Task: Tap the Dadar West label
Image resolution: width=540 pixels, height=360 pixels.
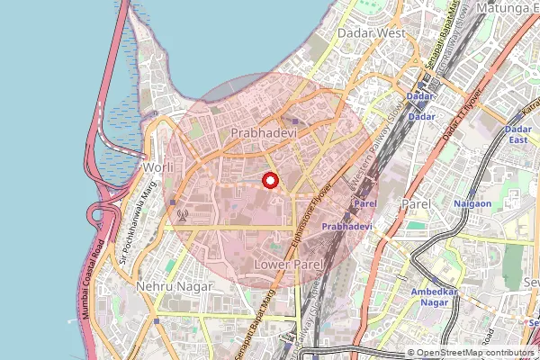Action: pyautogui.click(x=371, y=32)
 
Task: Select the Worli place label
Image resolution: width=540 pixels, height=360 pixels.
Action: pyautogui.click(x=157, y=167)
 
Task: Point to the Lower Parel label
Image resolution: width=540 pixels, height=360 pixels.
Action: pyautogui.click(x=288, y=265)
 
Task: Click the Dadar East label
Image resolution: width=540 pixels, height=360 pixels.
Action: pyautogui.click(x=519, y=135)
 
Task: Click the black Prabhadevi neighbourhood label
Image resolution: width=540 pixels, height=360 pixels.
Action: pyautogui.click(x=263, y=132)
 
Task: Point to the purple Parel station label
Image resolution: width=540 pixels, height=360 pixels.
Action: pyautogui.click(x=364, y=203)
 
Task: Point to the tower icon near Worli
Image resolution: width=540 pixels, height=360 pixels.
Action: pyautogui.click(x=184, y=215)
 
